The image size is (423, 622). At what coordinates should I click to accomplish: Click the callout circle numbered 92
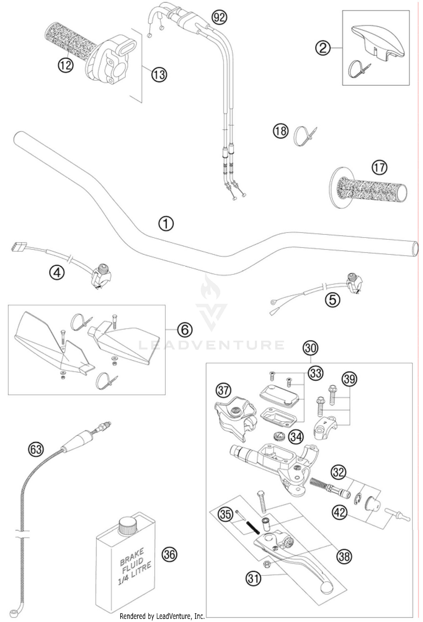[x=219, y=17]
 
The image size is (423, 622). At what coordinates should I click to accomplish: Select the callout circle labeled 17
[x=380, y=168]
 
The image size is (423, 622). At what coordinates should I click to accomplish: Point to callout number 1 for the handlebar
[x=166, y=224]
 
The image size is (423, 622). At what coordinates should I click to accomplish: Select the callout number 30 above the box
[x=310, y=348]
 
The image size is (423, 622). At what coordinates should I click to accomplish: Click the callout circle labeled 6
[x=185, y=329]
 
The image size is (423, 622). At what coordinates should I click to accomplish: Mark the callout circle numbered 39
[x=349, y=379]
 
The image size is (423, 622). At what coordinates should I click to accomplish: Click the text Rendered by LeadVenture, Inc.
[x=162, y=617]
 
